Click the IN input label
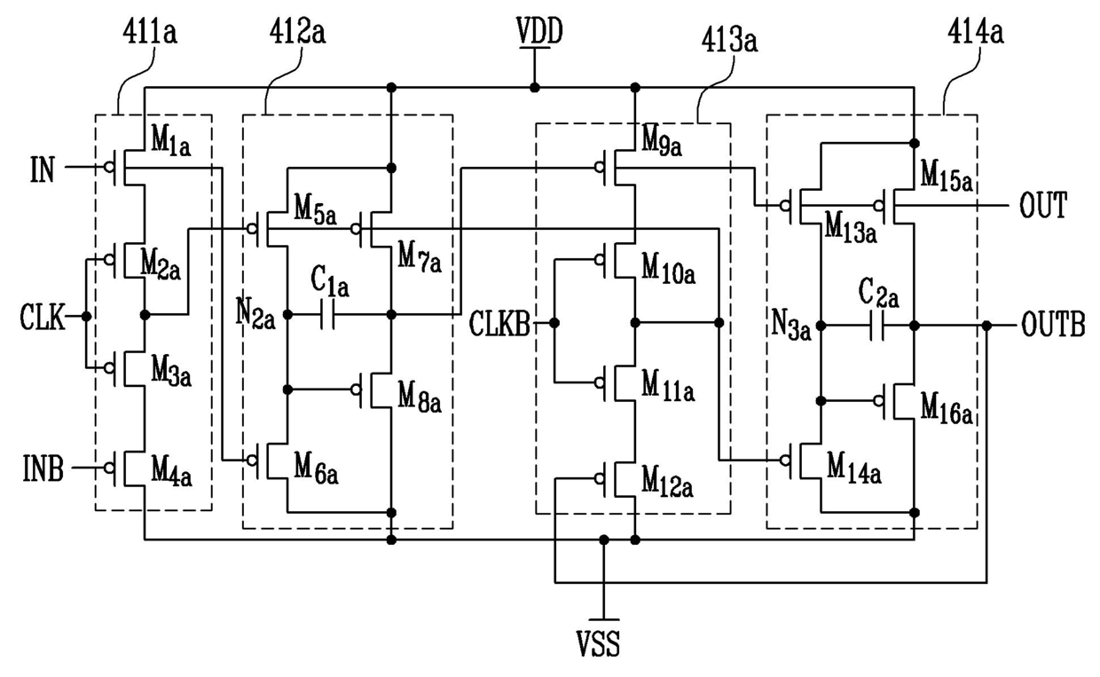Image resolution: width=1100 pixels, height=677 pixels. [43, 169]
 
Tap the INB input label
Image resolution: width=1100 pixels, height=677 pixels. [43, 468]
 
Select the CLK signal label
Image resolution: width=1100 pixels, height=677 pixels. [43, 317]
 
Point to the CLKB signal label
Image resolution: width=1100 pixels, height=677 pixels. [499, 324]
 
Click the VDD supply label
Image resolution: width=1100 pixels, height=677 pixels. [539, 31]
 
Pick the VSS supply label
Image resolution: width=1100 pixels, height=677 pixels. [598, 643]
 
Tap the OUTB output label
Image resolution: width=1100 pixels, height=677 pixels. [1053, 325]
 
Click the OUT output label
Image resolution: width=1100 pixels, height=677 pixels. [1043, 205]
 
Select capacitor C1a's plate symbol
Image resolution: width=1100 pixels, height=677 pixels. [327, 314]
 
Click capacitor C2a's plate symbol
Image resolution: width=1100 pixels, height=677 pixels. [877, 326]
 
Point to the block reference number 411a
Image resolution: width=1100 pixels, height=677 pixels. [150, 33]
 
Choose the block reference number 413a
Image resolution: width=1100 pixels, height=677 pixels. [729, 40]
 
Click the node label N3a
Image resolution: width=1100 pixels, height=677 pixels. [791, 326]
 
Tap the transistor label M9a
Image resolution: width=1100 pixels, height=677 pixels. [662, 141]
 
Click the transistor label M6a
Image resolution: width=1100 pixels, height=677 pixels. [316, 469]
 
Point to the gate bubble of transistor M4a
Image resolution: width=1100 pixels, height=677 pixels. [109, 468]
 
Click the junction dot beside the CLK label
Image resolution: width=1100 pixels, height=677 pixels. [86, 317]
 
